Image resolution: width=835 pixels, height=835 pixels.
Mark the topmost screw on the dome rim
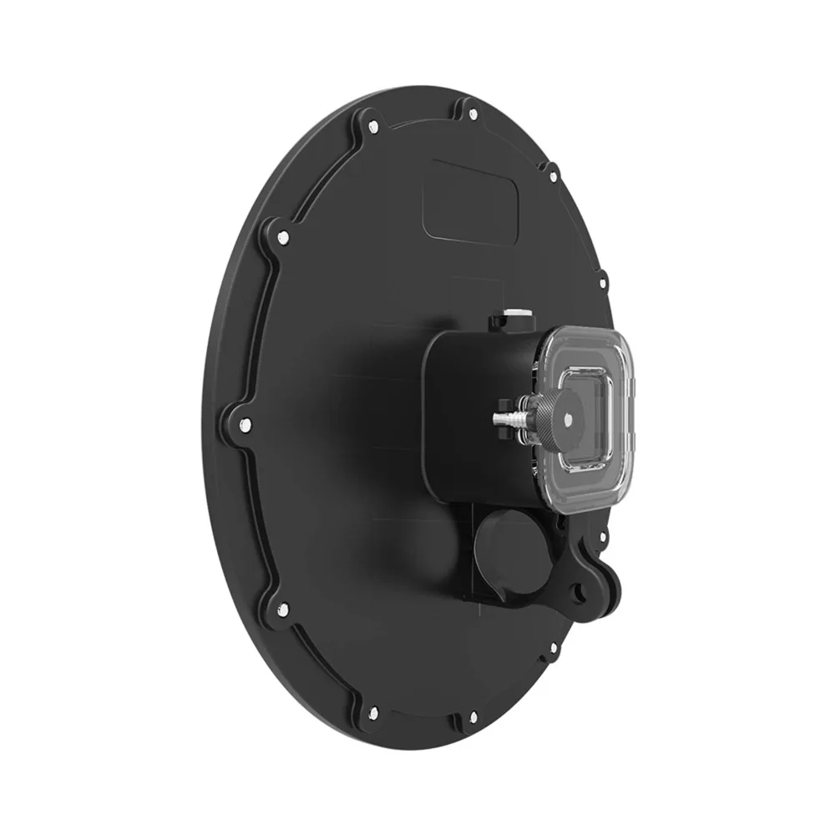click(472, 113)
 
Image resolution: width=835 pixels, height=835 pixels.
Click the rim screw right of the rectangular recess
click(551, 176)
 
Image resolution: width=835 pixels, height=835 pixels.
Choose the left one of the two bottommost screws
click(372, 714)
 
